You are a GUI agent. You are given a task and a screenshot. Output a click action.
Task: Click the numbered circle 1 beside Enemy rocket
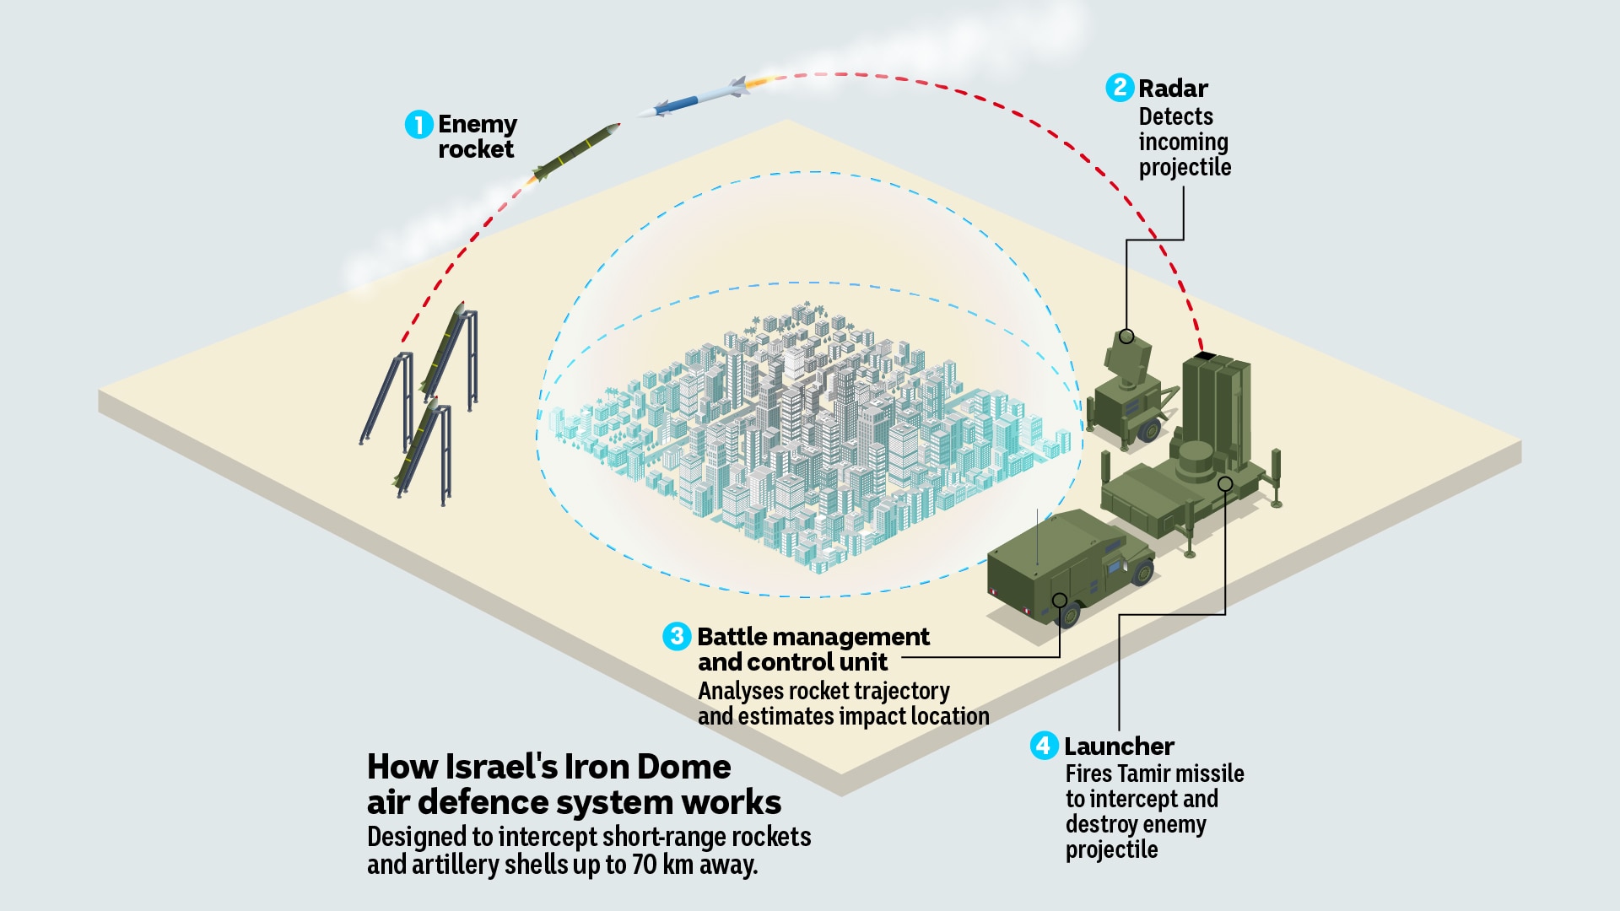coord(418,125)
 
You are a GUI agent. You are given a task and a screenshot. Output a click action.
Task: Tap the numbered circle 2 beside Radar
coord(1120,88)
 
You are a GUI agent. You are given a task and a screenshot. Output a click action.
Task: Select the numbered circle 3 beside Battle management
coord(677,636)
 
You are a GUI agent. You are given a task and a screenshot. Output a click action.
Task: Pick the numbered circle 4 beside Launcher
coord(1045,746)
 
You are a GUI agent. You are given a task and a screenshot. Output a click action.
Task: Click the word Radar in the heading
coord(1173,88)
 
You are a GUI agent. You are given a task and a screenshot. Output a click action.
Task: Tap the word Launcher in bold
coord(1119,746)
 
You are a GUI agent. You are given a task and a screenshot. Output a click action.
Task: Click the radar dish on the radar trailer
coord(1127,355)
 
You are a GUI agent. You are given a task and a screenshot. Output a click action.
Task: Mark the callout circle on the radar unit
coord(1126,337)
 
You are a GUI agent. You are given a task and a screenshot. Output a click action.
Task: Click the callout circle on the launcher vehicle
coord(1225,483)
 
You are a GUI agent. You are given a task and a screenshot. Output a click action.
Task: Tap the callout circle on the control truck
coord(1060,600)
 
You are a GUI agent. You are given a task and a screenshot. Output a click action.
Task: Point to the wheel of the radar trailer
coord(1148,431)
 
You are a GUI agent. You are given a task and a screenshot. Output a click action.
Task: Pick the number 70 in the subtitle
coord(644,865)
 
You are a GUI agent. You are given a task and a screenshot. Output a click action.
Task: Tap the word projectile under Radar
coord(1185,167)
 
